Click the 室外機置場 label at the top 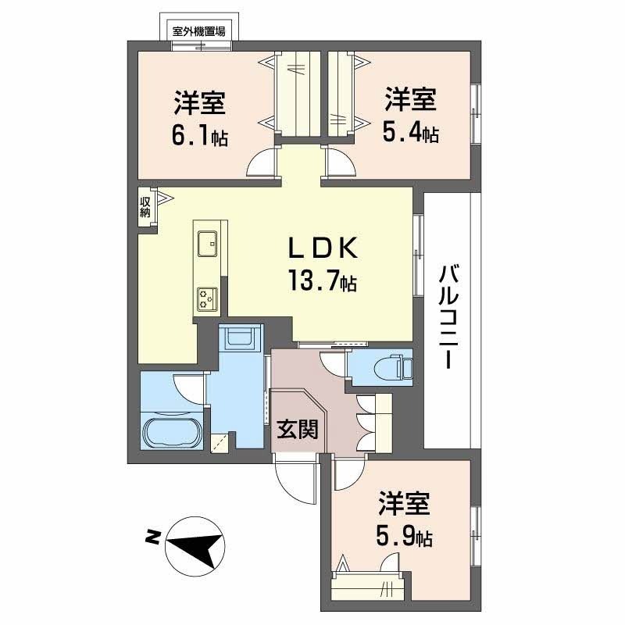pos(199,30)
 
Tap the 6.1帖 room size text pos(200,137)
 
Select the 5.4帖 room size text pos(410,134)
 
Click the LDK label pos(323,249)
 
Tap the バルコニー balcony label pos(448,316)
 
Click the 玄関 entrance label pos(298,429)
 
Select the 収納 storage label pos(145,207)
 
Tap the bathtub pos(173,431)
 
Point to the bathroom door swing pos(188,387)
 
